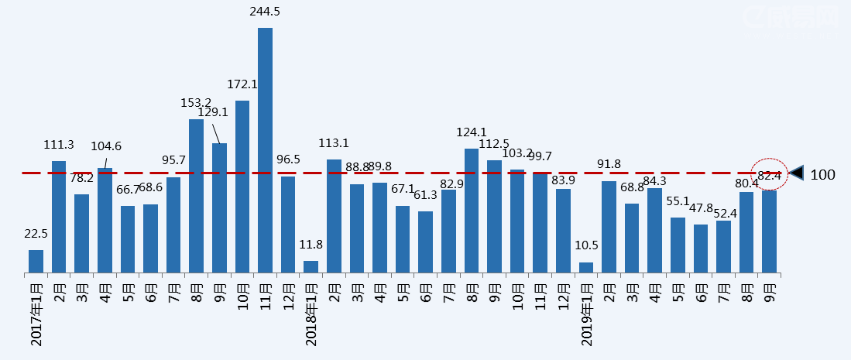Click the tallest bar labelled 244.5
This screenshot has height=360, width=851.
click(x=265, y=150)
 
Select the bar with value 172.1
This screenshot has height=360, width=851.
click(x=242, y=187)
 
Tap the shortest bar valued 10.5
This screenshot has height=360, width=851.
click(x=586, y=267)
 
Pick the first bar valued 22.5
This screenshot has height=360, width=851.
click(x=36, y=261)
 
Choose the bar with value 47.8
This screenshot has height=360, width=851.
click(x=701, y=249)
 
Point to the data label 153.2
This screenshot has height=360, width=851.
click(x=196, y=102)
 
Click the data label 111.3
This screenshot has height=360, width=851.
click(x=59, y=145)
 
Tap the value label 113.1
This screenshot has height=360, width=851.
click(x=334, y=143)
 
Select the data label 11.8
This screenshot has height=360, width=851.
click(x=311, y=245)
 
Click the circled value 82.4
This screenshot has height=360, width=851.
click(x=770, y=176)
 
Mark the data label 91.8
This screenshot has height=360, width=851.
click(x=609, y=164)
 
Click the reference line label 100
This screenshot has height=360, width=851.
click(x=822, y=175)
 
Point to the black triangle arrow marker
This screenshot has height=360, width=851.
click(x=796, y=173)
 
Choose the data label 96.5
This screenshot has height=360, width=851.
click(x=288, y=159)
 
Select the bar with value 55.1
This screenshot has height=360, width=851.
click(x=678, y=245)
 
